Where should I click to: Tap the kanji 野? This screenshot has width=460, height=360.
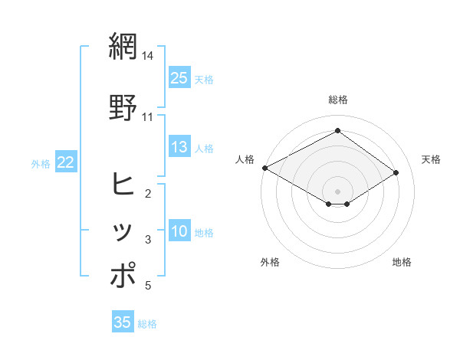(x=123, y=106)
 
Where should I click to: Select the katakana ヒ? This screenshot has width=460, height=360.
(x=123, y=184)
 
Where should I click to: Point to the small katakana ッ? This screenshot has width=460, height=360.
(x=123, y=232)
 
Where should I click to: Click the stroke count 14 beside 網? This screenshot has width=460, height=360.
(x=148, y=57)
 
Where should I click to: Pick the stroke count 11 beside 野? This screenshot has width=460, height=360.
(x=148, y=117)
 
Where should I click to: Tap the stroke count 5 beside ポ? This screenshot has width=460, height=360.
(x=148, y=286)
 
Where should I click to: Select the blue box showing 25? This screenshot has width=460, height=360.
(x=179, y=77)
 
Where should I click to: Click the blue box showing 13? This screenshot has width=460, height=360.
(x=179, y=147)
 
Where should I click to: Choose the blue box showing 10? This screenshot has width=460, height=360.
(x=179, y=231)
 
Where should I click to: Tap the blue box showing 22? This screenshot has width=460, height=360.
(x=66, y=162)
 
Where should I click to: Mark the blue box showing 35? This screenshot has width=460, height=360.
(x=123, y=322)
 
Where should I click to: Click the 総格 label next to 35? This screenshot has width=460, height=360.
(x=147, y=324)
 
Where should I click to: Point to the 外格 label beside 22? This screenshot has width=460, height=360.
(x=41, y=163)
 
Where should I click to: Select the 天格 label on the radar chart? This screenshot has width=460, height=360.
(x=431, y=159)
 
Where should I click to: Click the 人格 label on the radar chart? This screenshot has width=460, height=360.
(x=245, y=159)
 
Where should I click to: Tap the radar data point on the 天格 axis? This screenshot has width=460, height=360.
(x=396, y=173)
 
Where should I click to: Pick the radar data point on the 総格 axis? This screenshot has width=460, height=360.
(x=337, y=131)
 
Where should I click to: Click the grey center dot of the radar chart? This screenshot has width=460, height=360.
(x=337, y=190)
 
